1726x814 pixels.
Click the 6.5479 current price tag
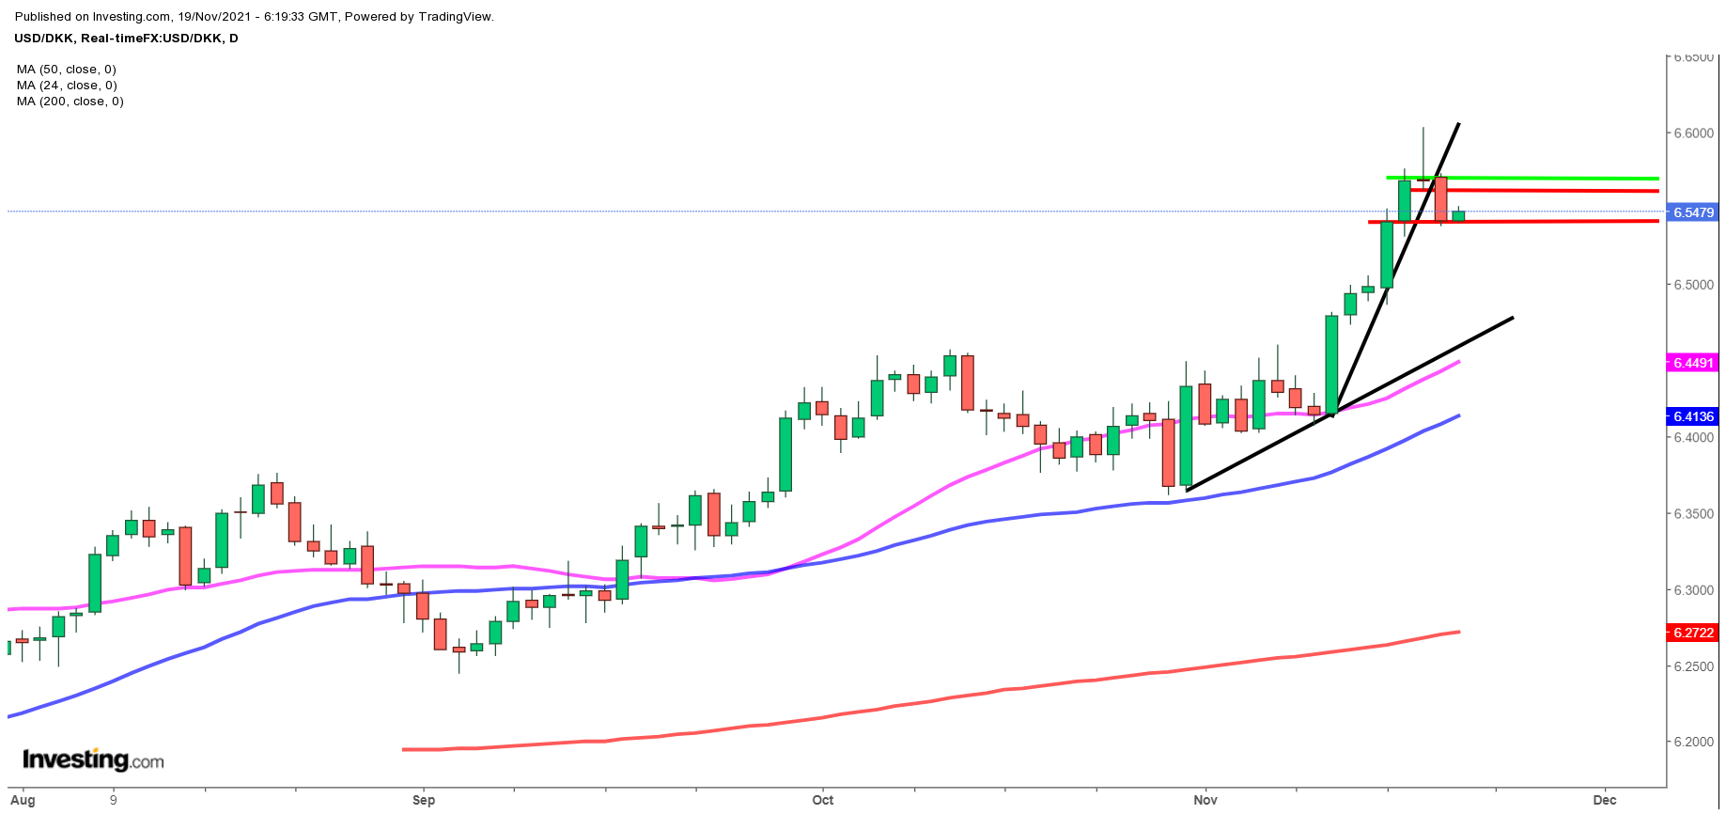pos(1693,212)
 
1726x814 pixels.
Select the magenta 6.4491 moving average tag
pos(1693,363)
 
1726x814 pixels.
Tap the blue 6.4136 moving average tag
pos(1693,416)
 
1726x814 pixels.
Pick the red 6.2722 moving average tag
pos(1693,633)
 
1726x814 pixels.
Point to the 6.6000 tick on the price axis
pos(1693,133)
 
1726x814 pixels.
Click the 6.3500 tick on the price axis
pos(1693,514)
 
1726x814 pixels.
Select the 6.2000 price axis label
pos(1693,742)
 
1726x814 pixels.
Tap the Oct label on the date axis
pos(823,800)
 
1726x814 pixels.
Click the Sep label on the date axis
pos(424,800)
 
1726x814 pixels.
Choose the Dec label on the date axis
pos(1605,800)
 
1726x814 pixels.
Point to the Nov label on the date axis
pos(1205,800)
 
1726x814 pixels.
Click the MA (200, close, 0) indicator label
pos(70,102)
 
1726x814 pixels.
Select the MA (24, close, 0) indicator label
pos(67,86)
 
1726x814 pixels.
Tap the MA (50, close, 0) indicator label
pos(67,70)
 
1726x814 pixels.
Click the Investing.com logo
pos(93,759)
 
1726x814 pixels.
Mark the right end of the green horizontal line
pos(1657,179)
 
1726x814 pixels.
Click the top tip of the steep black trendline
pos(1458,123)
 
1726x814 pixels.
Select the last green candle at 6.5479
pos(1458,216)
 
